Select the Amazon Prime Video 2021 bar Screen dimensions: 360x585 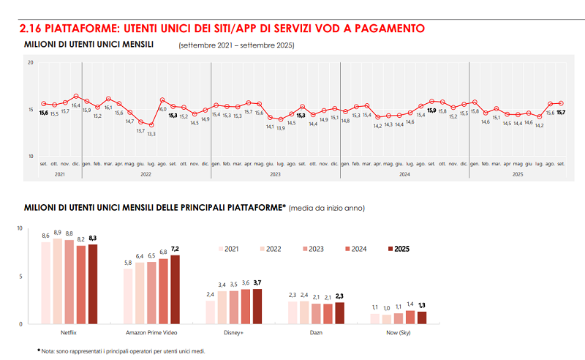(128, 296)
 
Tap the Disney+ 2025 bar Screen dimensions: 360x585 (257, 307)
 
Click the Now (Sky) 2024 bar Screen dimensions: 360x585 (410, 317)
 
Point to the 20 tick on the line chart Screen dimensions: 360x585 (31, 63)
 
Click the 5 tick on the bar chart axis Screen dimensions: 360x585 (31, 277)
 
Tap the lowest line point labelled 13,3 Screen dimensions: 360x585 (151, 125)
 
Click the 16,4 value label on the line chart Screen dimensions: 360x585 (75, 105)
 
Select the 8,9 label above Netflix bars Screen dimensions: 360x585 (57, 233)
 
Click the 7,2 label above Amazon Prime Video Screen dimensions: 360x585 (175, 249)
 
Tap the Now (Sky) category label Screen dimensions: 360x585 (398, 333)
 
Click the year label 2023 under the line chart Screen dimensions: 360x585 (275, 174)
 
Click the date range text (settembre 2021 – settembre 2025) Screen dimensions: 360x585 (236, 45)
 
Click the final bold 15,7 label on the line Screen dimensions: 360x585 (561, 113)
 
